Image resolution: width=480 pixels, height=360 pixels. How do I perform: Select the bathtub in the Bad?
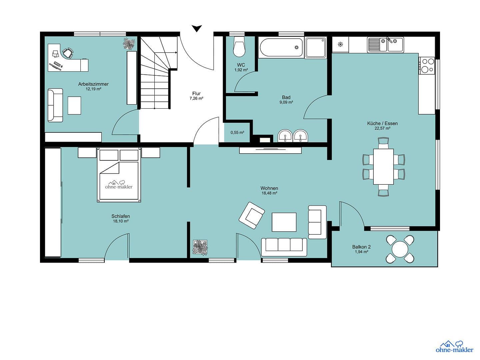click(281, 48)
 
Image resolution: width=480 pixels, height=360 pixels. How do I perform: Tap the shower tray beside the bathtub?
click(316, 48)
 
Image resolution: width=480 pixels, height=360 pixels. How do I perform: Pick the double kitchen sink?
click(385, 45)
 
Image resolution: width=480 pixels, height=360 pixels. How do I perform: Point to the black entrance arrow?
click(197, 29)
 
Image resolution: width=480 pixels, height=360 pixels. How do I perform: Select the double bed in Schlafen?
click(119, 176)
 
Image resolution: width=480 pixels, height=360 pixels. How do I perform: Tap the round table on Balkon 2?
click(400, 249)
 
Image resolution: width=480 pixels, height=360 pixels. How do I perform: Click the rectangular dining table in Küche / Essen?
click(383, 166)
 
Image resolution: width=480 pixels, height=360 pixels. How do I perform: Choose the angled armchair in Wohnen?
click(252, 215)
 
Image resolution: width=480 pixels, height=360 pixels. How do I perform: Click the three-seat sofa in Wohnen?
click(284, 247)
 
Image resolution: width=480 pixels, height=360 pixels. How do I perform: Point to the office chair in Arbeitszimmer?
click(68, 53)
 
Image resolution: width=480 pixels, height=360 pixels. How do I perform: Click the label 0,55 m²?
click(237, 133)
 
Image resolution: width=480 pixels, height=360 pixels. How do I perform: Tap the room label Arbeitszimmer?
click(93, 84)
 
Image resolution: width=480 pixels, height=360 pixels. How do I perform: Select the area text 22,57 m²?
click(382, 128)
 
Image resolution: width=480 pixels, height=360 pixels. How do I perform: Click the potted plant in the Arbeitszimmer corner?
click(129, 44)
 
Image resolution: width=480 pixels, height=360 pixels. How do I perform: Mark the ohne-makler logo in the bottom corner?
click(454, 347)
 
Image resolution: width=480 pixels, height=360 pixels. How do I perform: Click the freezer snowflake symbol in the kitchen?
click(340, 44)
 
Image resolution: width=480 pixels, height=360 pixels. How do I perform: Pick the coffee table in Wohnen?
click(284, 222)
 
